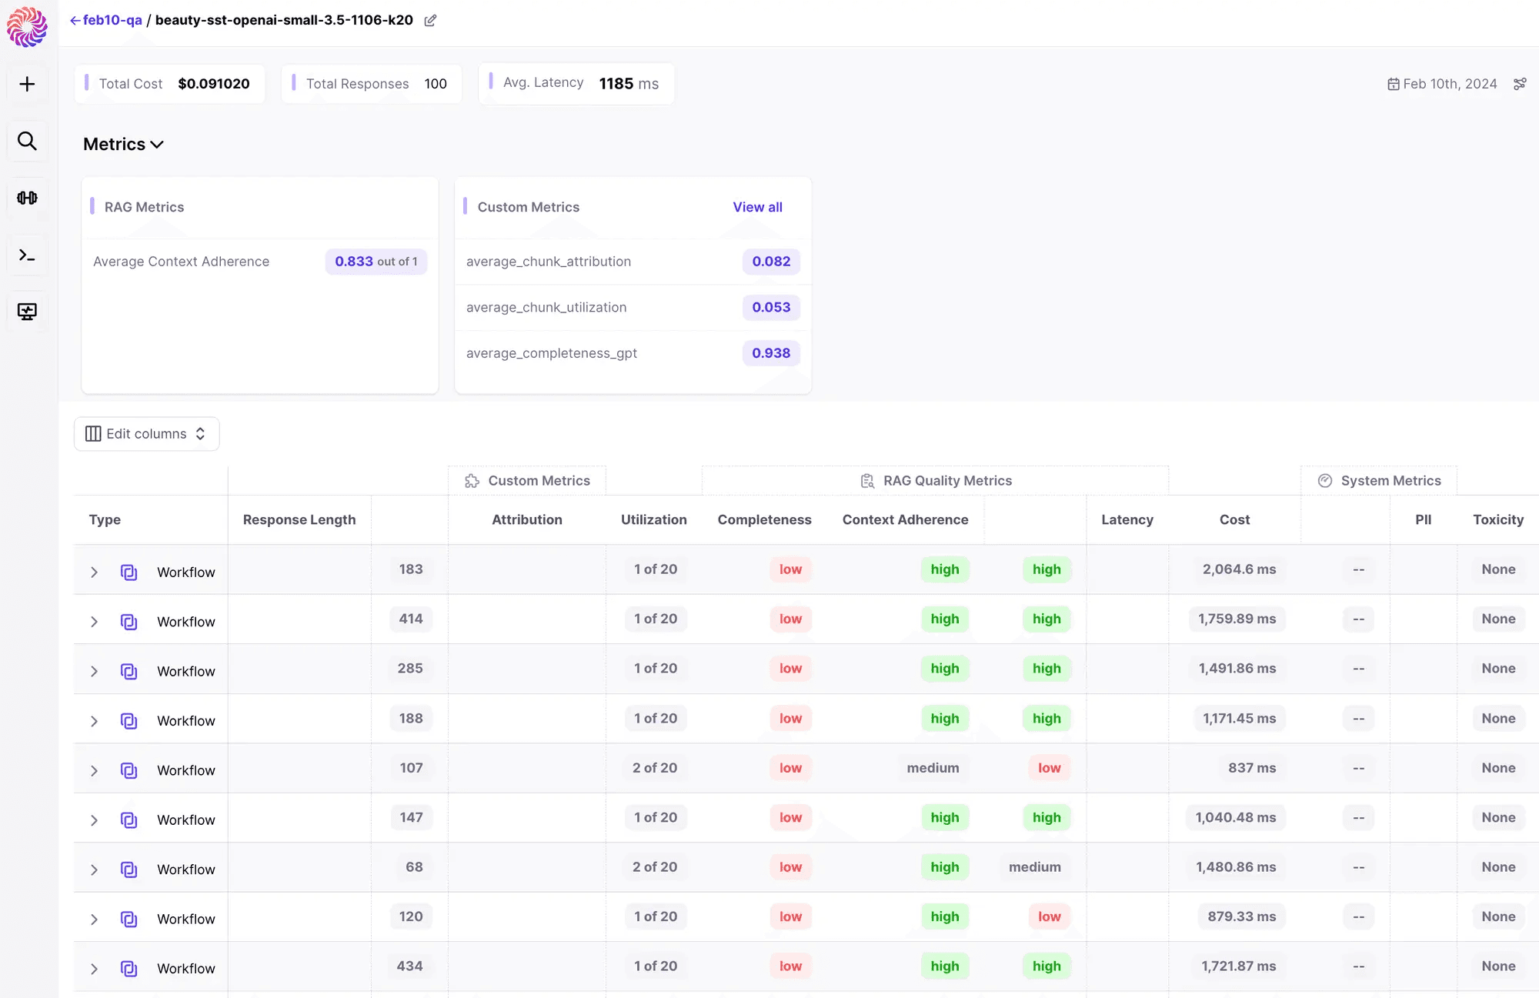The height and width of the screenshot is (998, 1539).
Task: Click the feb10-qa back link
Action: click(x=106, y=20)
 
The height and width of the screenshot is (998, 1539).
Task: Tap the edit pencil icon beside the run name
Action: click(x=430, y=21)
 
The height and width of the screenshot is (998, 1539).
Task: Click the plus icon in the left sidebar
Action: click(x=27, y=84)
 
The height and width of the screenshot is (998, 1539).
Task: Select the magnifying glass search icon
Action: click(x=27, y=141)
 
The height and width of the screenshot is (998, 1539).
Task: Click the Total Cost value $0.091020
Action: click(x=214, y=83)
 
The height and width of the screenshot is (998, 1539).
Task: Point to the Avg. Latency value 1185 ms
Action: click(x=629, y=83)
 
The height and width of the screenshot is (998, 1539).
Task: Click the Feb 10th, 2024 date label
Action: click(x=1450, y=84)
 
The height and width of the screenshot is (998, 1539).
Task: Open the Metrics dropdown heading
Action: click(x=123, y=144)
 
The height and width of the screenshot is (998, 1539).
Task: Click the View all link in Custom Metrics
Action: click(x=757, y=207)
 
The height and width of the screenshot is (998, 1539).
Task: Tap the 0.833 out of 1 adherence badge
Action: click(x=376, y=262)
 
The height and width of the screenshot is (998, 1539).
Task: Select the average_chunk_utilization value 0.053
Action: click(x=771, y=307)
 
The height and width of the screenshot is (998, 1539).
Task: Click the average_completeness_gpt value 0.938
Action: click(x=771, y=353)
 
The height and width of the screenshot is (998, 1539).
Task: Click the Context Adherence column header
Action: click(x=905, y=519)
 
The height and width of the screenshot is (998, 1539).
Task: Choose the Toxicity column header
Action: click(x=1498, y=519)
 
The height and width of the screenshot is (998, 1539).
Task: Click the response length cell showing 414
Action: click(x=411, y=619)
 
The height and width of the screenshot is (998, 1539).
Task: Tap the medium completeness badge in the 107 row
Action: click(x=933, y=768)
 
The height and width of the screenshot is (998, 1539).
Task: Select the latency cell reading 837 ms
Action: click(x=1252, y=768)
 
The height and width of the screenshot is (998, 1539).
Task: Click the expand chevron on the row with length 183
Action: click(x=94, y=572)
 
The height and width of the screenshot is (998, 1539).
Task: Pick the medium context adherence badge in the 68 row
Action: click(x=1035, y=867)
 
